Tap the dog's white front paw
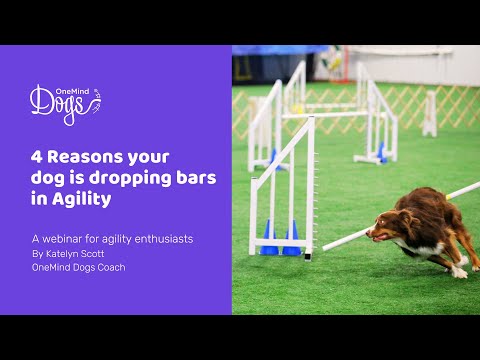point(458,272)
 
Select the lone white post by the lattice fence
point(429,112)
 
